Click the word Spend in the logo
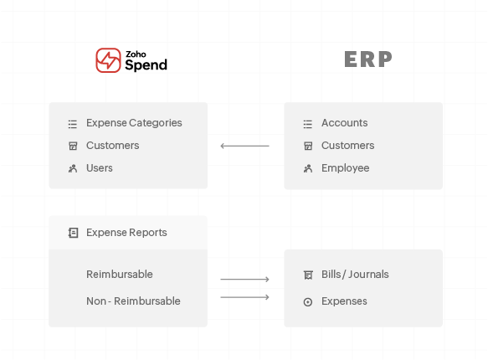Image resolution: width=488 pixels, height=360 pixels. [146, 64]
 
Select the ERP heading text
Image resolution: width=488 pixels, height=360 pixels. [367, 59]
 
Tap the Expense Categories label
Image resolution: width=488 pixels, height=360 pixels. [134, 123]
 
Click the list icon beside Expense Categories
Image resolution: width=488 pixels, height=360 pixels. [73, 124]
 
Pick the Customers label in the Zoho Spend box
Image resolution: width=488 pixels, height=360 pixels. [112, 146]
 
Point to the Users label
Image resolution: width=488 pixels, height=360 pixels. [100, 168]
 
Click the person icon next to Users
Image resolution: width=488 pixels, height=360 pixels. [73, 168]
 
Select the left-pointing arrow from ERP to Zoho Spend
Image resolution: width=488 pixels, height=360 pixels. [244, 147]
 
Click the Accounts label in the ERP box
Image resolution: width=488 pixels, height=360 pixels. [344, 123]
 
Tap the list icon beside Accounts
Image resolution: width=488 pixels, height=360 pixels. [308, 124]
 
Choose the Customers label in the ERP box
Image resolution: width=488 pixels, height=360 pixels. [347, 146]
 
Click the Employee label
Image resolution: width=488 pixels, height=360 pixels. [345, 168]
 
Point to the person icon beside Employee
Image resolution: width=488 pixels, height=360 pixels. [308, 168]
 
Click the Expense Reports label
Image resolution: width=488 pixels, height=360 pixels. [126, 233]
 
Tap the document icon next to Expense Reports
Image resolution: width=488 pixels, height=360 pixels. [73, 233]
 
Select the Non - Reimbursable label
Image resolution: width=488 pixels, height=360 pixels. [133, 301]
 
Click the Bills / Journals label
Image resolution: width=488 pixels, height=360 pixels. [355, 275]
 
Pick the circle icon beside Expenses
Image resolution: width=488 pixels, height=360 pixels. [308, 301]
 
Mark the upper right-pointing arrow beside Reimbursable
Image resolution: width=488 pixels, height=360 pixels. [244, 280]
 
